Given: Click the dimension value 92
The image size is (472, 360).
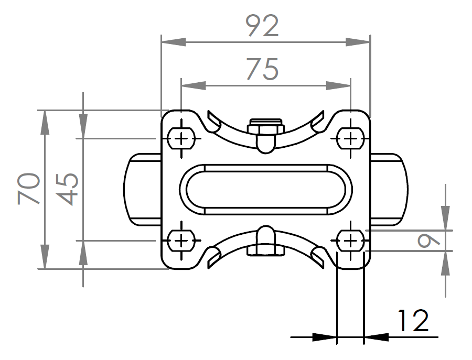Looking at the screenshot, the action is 262,26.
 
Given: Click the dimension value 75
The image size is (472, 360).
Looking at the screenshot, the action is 262,70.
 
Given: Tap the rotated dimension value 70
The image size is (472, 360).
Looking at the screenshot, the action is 29,189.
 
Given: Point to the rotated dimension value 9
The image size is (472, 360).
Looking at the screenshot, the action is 428,241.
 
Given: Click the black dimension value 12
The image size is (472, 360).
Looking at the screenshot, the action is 413,321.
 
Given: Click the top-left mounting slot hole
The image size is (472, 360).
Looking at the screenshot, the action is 181,139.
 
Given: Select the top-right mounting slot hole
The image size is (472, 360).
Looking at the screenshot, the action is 350,139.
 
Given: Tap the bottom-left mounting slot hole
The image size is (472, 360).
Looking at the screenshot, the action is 181,241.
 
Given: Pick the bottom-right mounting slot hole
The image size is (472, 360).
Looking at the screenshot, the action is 350,241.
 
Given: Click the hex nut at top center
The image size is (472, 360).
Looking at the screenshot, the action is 265,127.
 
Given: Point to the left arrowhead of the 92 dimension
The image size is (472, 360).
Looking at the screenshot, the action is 174,42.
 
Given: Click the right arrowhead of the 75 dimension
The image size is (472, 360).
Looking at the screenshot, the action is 338,86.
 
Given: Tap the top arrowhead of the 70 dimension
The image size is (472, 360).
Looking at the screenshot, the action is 45,123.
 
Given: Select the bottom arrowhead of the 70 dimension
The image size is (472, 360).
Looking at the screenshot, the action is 45,257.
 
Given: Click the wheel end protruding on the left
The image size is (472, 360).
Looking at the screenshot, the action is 142,189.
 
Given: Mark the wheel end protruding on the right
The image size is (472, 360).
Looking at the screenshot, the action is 389,189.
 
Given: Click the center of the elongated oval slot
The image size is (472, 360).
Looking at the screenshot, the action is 266,190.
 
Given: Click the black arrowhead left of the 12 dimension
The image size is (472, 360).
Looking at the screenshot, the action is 325,337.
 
